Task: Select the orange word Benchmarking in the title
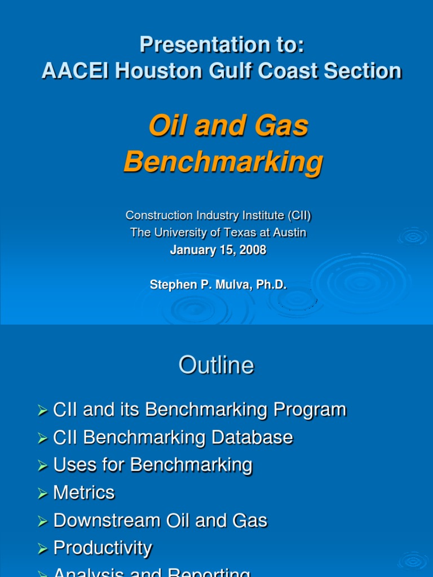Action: click(223, 162)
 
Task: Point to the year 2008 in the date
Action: click(254, 250)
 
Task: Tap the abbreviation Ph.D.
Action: click(272, 285)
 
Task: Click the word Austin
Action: click(290, 233)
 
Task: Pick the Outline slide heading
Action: click(216, 366)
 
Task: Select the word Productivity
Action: click(103, 548)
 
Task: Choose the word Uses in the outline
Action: click(72, 465)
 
